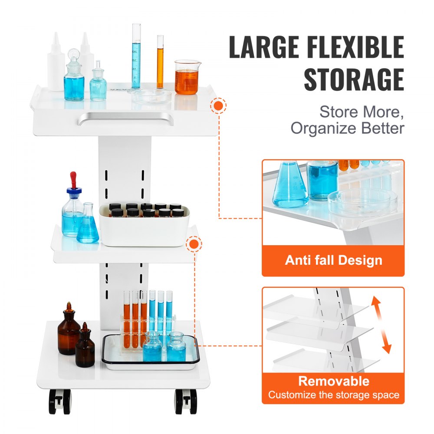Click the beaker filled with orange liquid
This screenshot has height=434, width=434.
coord(187,78)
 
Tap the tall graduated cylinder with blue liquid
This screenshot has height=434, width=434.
coord(136,56)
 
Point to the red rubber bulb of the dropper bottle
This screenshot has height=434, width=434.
coord(73,179)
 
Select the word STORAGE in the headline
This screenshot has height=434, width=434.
coord(354,79)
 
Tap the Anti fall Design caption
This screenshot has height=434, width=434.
coord(333,260)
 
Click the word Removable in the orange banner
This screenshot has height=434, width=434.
coord(333,381)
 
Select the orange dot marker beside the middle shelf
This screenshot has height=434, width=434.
coord(194,244)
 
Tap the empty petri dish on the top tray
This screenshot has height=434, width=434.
coord(151,95)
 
